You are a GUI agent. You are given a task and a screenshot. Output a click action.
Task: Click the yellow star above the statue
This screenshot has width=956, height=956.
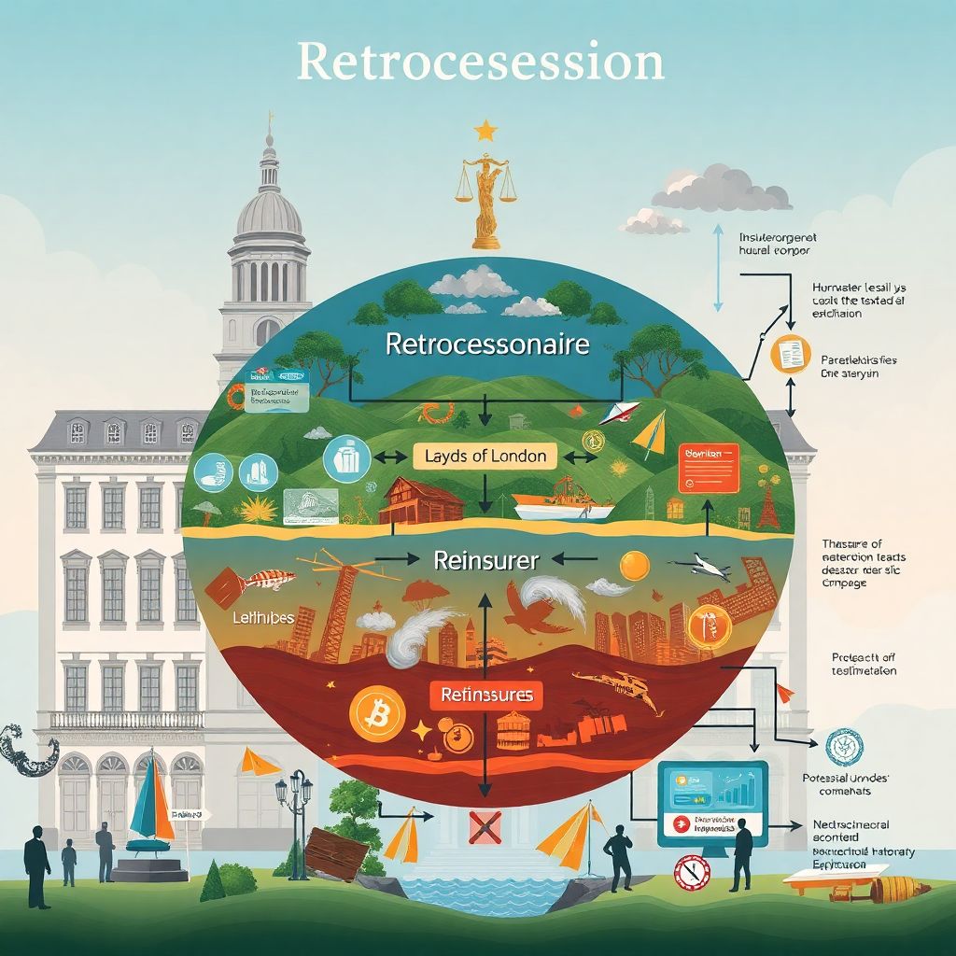click(485, 130)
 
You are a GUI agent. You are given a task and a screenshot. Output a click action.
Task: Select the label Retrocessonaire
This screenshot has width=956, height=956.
click(487, 344)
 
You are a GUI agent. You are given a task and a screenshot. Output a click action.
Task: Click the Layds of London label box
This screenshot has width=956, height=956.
click(485, 457)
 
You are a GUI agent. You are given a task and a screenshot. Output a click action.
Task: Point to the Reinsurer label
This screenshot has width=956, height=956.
click(486, 561)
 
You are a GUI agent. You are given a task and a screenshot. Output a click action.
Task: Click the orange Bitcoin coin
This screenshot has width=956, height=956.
click(377, 714)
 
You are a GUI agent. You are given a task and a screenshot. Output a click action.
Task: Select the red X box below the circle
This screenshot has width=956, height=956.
click(485, 828)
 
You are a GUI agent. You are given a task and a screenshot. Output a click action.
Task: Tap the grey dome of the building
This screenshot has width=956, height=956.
click(269, 210)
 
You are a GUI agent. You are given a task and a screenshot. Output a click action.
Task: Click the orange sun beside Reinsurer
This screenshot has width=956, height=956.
click(635, 566)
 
